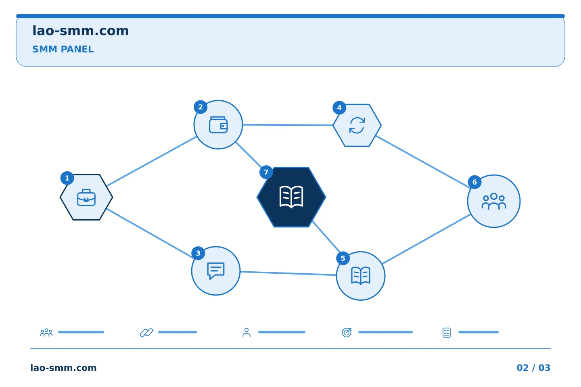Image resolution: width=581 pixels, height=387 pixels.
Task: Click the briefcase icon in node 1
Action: (86, 198)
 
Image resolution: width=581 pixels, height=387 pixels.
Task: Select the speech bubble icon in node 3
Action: (216, 271)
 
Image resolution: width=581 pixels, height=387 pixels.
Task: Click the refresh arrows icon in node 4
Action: (357, 125)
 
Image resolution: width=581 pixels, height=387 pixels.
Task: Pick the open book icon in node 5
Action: (361, 276)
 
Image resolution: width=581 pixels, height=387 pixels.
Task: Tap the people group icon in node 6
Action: (494, 201)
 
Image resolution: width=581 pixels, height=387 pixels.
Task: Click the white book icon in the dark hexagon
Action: (291, 197)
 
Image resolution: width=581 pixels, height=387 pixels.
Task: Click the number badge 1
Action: (67, 178)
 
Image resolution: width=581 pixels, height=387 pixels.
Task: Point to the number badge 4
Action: (339, 108)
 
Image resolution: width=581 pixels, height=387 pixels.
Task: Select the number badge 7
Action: (266, 172)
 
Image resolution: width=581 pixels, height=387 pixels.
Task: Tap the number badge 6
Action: (474, 182)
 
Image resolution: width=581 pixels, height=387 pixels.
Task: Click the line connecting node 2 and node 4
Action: (288, 125)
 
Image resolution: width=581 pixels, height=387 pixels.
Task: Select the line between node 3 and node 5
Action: (288, 273)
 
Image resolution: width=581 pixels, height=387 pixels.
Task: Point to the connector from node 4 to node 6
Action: (423, 162)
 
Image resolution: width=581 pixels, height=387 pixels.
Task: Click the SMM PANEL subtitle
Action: (63, 49)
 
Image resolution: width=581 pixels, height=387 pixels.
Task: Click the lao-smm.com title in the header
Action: (80, 31)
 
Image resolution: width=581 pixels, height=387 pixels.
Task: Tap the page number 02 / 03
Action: (533, 368)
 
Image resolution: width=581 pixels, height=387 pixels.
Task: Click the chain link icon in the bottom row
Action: (146, 333)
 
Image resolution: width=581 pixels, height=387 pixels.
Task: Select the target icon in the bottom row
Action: (347, 332)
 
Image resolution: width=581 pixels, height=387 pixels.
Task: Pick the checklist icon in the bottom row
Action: (447, 333)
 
